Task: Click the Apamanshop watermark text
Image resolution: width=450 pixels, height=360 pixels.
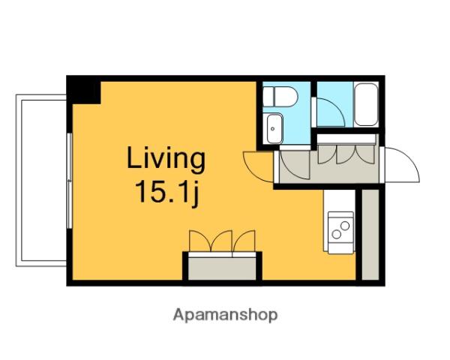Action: tap(225, 316)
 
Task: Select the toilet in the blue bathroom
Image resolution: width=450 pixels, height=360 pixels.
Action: tap(280, 97)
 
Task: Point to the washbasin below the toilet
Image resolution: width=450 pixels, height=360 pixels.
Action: tap(274, 129)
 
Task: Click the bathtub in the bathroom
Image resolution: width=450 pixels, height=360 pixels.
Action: tap(366, 104)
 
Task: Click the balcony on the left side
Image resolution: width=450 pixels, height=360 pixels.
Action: tap(40, 180)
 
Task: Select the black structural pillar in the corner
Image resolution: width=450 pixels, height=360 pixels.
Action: tap(83, 90)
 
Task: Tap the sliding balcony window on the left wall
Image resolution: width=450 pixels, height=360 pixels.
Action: tap(69, 181)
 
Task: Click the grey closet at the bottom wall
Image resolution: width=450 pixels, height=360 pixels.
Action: tap(222, 268)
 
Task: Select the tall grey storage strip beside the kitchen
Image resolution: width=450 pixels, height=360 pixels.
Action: tap(370, 235)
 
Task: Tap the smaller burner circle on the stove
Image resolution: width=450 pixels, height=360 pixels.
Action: tap(345, 226)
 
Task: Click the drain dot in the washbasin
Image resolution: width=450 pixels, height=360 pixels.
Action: tap(273, 129)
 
